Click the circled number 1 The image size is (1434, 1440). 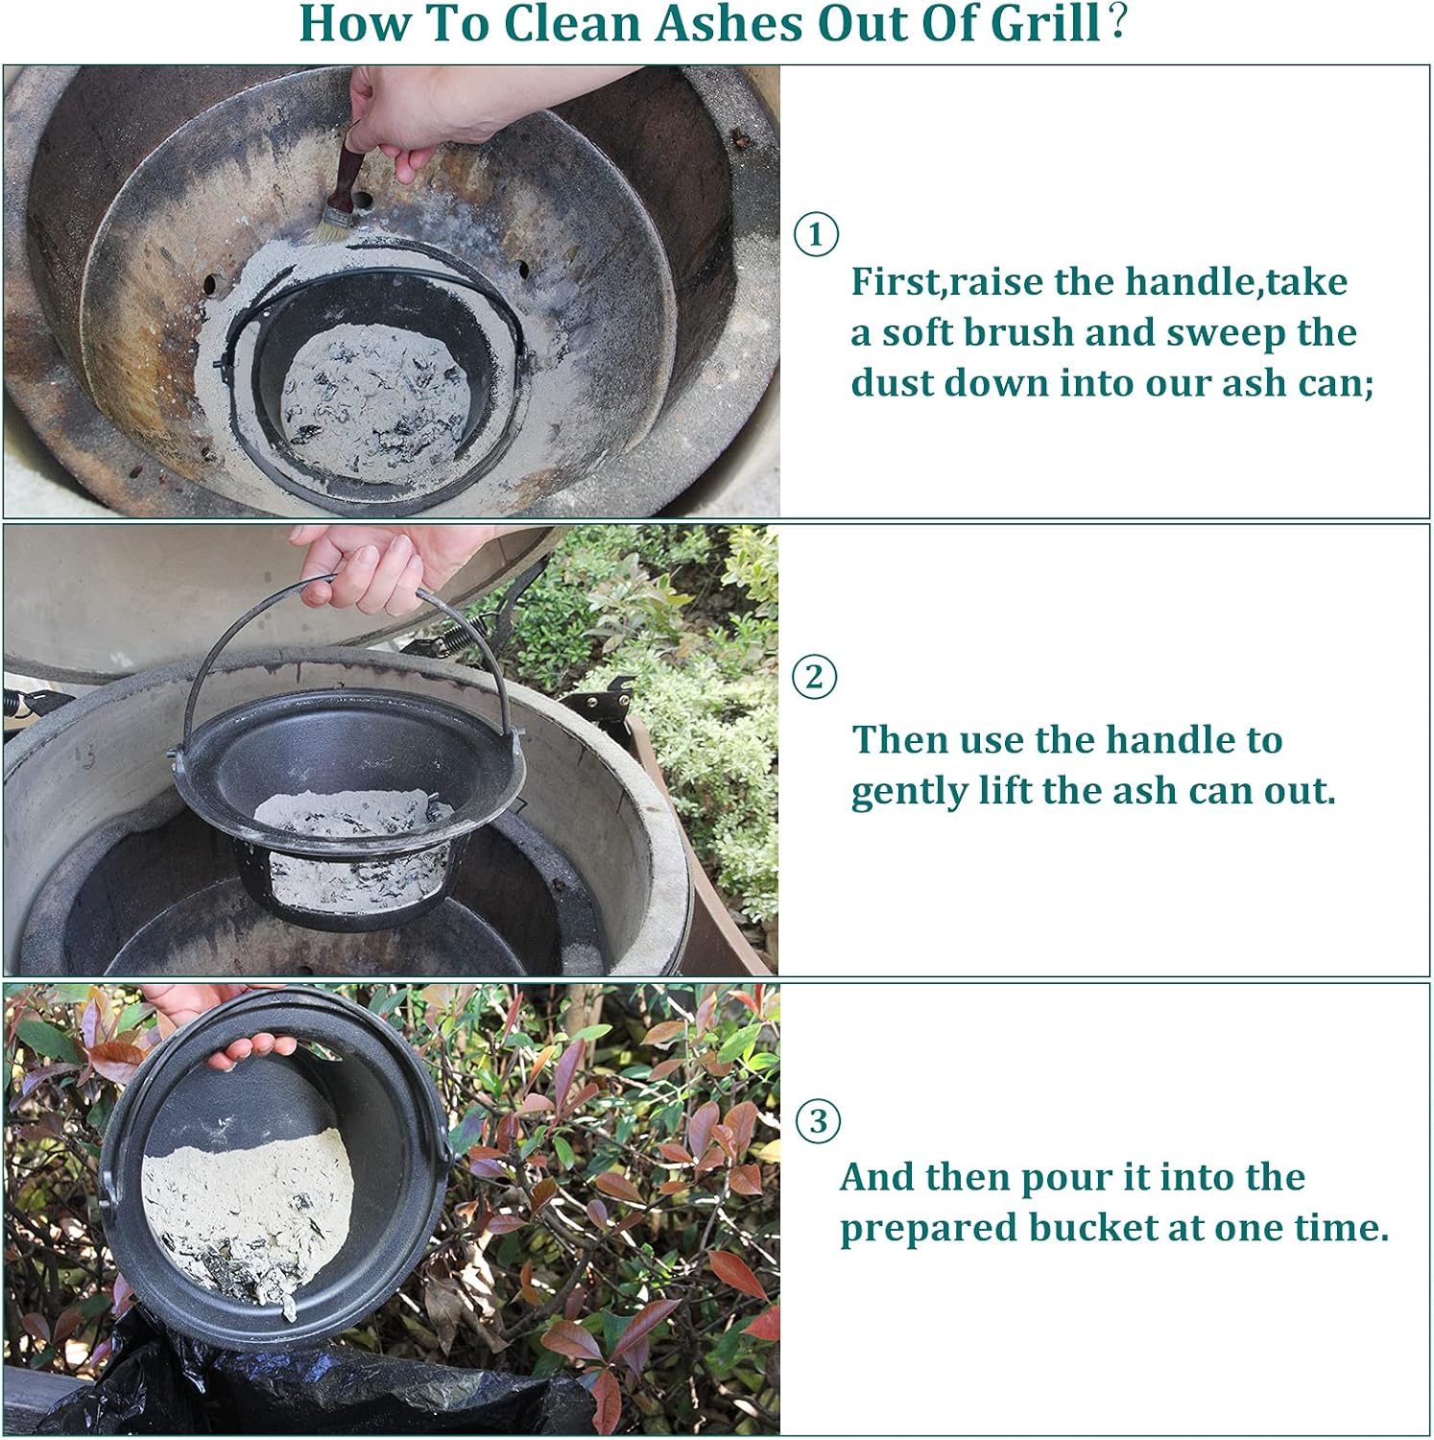[816, 234]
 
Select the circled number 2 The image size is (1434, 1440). [814, 677]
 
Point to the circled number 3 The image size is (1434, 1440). [818, 1120]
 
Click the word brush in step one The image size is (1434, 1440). [1018, 332]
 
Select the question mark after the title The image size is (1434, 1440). [1116, 24]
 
